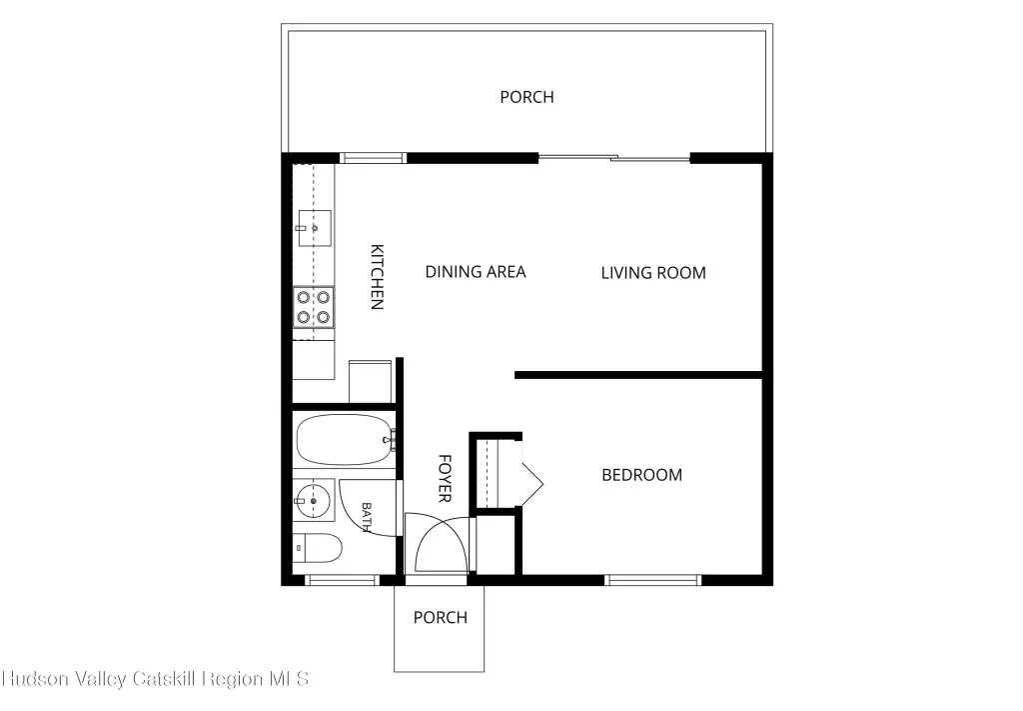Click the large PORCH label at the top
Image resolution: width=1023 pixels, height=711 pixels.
pos(526,97)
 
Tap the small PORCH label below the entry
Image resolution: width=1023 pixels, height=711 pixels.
pos(441,618)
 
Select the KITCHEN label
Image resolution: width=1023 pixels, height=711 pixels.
pos(377,277)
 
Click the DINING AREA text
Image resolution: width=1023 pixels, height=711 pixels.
pos(475,272)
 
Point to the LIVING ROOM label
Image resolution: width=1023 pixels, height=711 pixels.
pos(653,273)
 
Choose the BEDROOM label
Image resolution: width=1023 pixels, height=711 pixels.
pos(642,475)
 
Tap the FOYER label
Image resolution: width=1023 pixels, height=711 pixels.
pos(445,479)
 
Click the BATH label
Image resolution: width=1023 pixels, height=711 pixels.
pos(367,517)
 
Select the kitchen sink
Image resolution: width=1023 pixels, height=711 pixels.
pos(315,228)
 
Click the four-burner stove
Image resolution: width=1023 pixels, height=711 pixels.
pos(313,307)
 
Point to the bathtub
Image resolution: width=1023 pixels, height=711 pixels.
pos(344,439)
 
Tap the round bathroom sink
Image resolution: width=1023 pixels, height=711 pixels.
pos(313,500)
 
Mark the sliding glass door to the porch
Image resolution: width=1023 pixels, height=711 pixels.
pos(614,157)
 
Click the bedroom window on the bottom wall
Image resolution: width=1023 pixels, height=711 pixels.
pos(652,580)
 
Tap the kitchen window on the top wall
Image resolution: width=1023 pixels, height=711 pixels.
pos(374,157)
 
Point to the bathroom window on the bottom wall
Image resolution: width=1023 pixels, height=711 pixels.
pos(342,580)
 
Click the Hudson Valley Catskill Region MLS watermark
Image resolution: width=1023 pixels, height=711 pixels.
pos(155,679)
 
